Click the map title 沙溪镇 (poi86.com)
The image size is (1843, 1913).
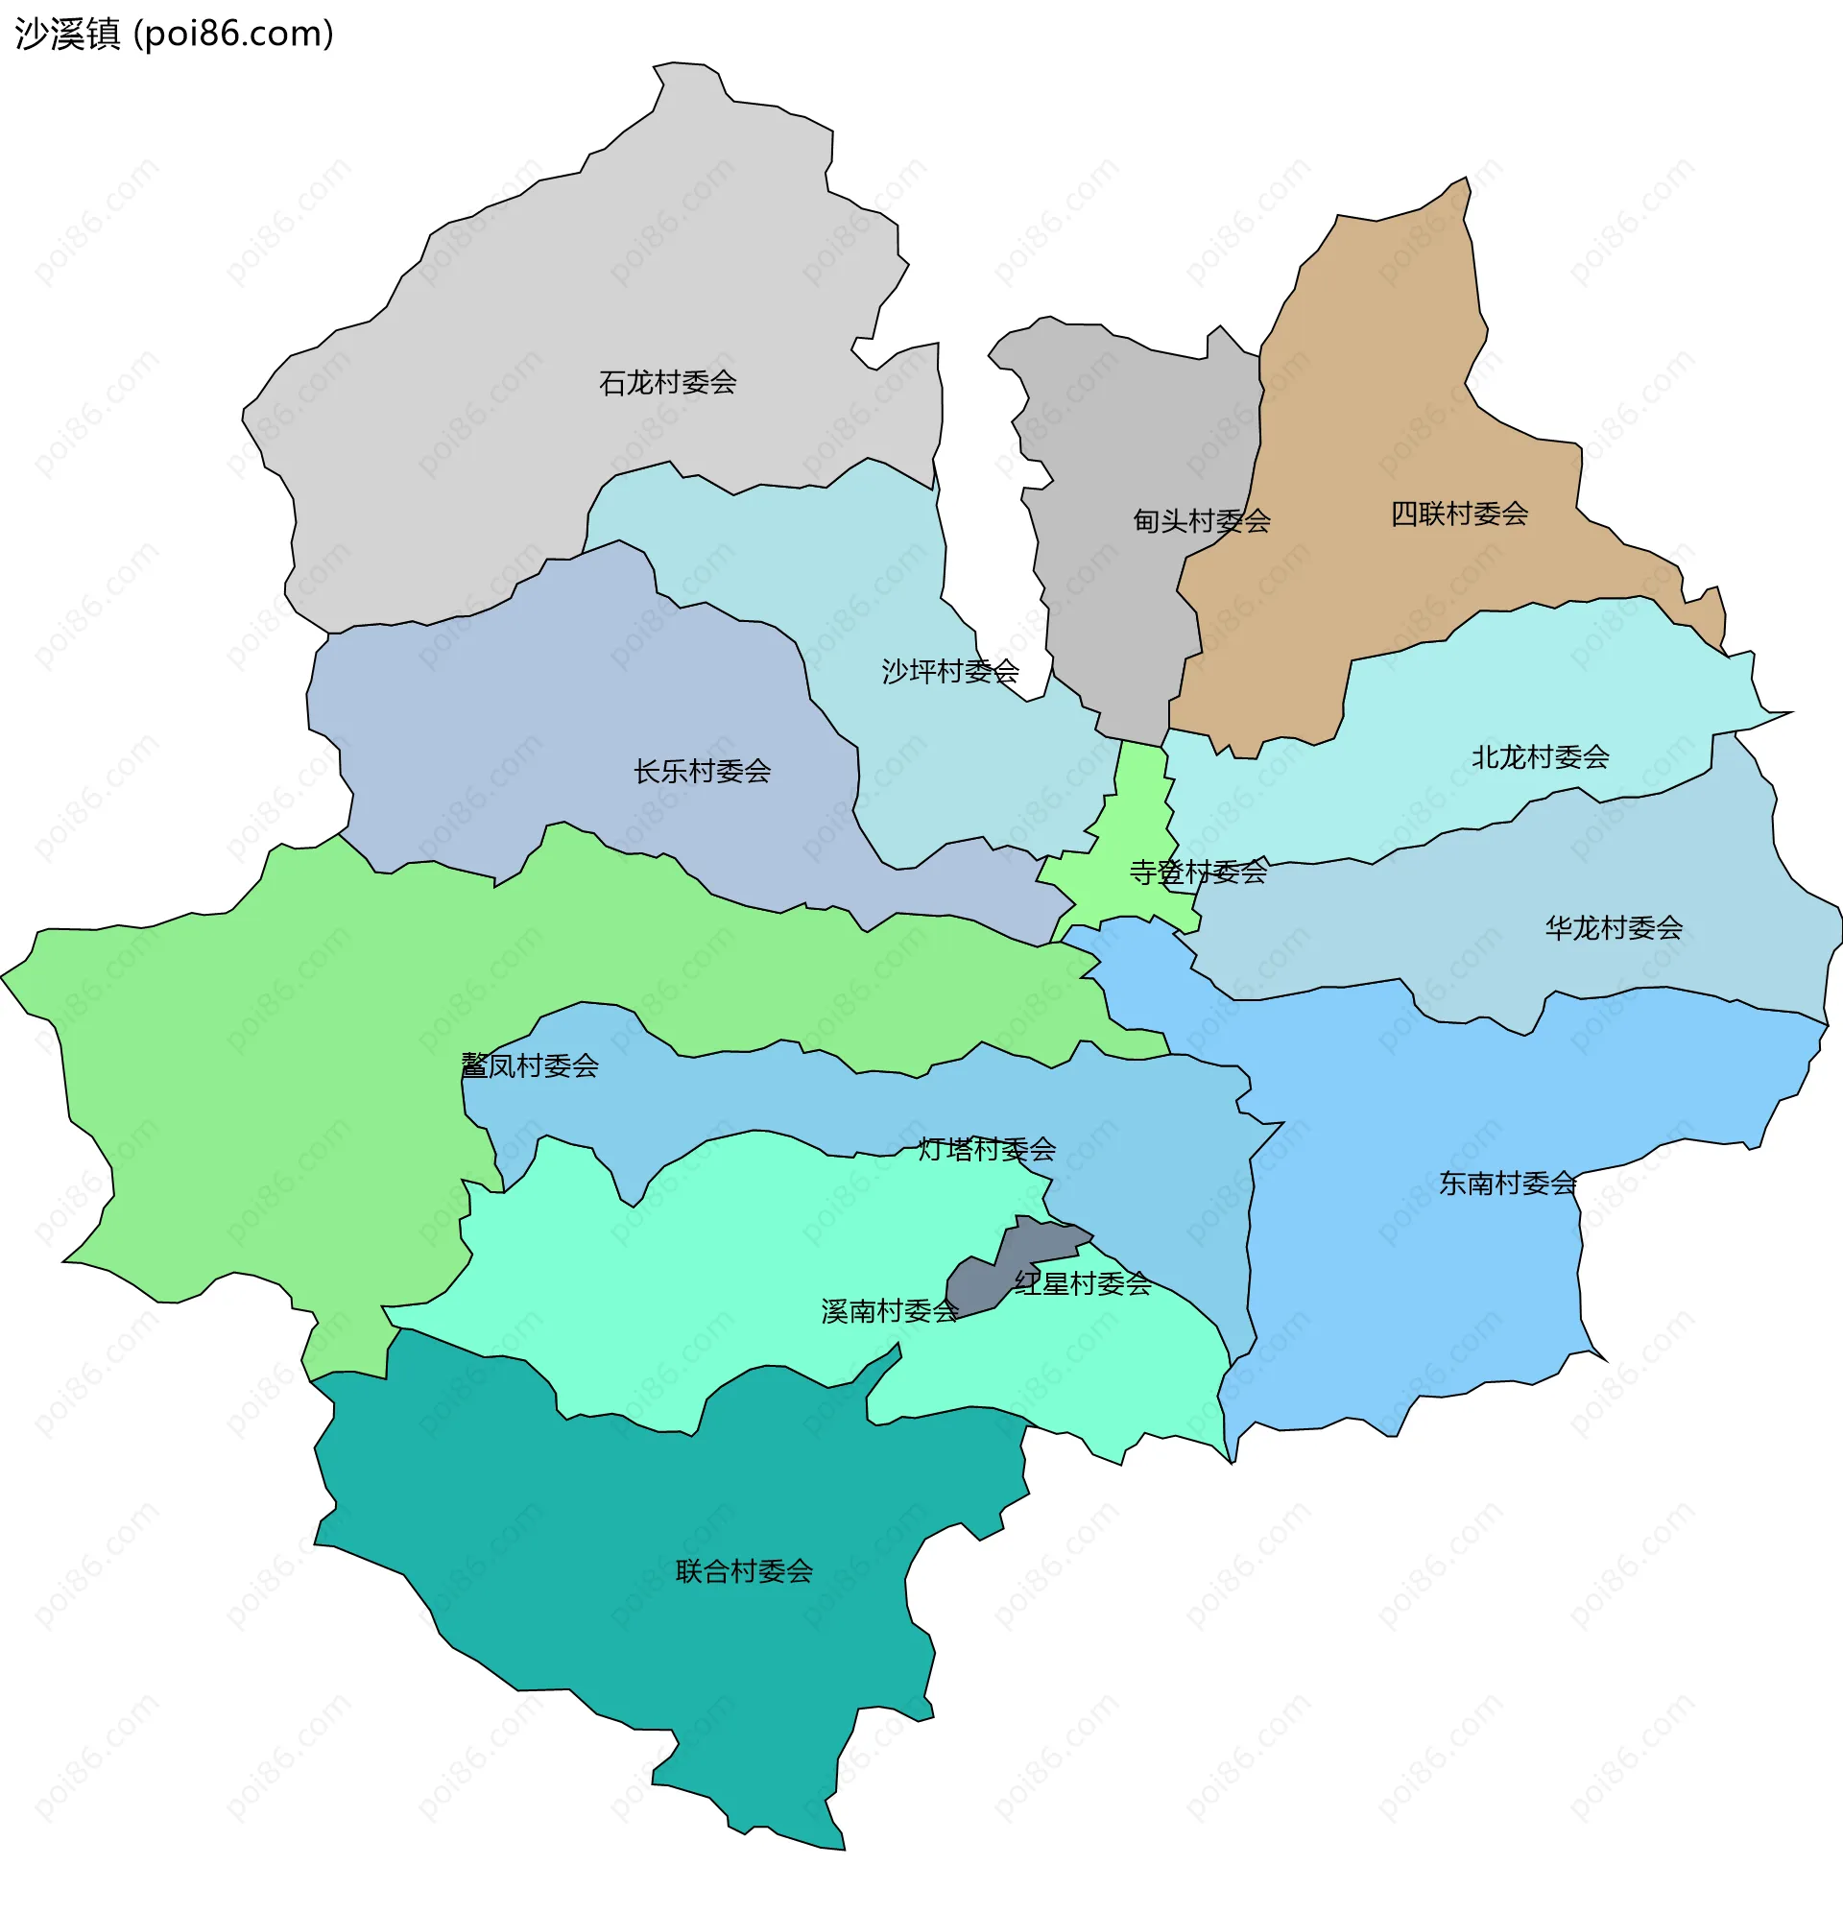175,35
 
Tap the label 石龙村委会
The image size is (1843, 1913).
668,383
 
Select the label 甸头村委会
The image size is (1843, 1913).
1202,521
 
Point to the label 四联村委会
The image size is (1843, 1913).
1459,514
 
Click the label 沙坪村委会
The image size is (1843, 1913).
949,672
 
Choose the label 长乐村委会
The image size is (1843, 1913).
702,772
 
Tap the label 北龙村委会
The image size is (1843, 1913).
1541,756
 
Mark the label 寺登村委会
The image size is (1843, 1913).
1198,872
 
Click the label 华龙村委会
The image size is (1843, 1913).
1614,927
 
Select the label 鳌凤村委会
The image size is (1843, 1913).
529,1065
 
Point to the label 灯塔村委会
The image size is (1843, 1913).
987,1150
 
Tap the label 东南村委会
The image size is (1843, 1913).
1508,1184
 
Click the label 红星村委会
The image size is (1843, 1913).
1083,1284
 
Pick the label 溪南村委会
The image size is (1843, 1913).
889,1312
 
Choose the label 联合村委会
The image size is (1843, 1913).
744,1571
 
